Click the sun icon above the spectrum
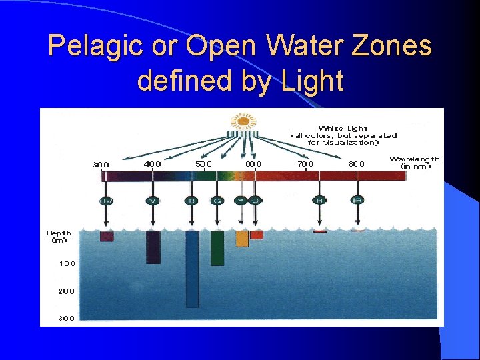(x=243, y=121)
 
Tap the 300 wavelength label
(x=101, y=164)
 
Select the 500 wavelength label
(x=203, y=164)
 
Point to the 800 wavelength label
(x=357, y=164)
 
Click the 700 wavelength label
(x=305, y=164)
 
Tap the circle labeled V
(x=153, y=201)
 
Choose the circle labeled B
(x=192, y=201)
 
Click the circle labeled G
(x=217, y=201)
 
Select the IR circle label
(x=357, y=200)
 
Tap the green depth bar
(x=217, y=248)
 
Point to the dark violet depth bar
(x=153, y=247)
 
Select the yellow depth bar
(x=242, y=239)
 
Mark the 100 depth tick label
(x=67, y=264)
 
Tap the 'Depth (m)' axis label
(x=59, y=237)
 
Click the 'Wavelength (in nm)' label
(x=414, y=162)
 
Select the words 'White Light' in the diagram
(x=343, y=128)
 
